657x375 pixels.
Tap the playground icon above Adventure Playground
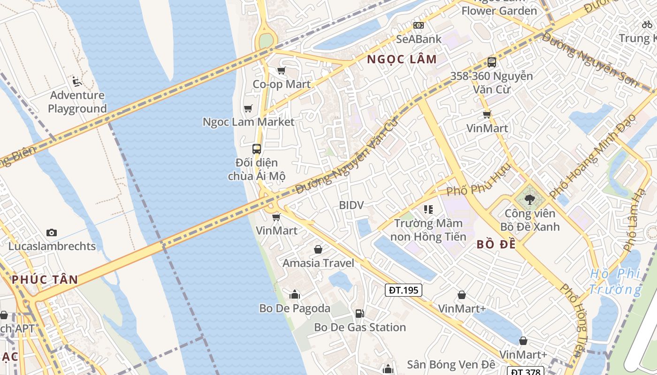point(77,82)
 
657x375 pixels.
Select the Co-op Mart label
point(282,84)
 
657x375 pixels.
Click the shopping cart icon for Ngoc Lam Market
point(248,109)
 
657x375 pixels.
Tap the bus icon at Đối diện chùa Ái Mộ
point(257,149)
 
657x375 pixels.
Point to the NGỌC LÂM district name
point(402,60)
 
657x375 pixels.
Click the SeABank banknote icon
point(418,25)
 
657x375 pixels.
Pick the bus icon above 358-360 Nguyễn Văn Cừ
point(492,62)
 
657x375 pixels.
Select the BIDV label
point(351,205)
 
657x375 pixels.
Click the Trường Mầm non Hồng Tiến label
point(428,230)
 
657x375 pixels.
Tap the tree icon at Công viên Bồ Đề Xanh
point(530,200)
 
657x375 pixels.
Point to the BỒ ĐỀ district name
point(496,244)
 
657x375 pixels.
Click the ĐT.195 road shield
point(404,290)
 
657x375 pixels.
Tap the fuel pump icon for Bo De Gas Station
point(359,313)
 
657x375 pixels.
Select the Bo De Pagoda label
point(295,308)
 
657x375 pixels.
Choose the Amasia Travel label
point(318,263)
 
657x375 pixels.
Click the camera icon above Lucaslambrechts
point(52,232)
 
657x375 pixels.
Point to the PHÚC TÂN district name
point(45,280)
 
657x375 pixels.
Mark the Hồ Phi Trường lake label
point(615,281)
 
